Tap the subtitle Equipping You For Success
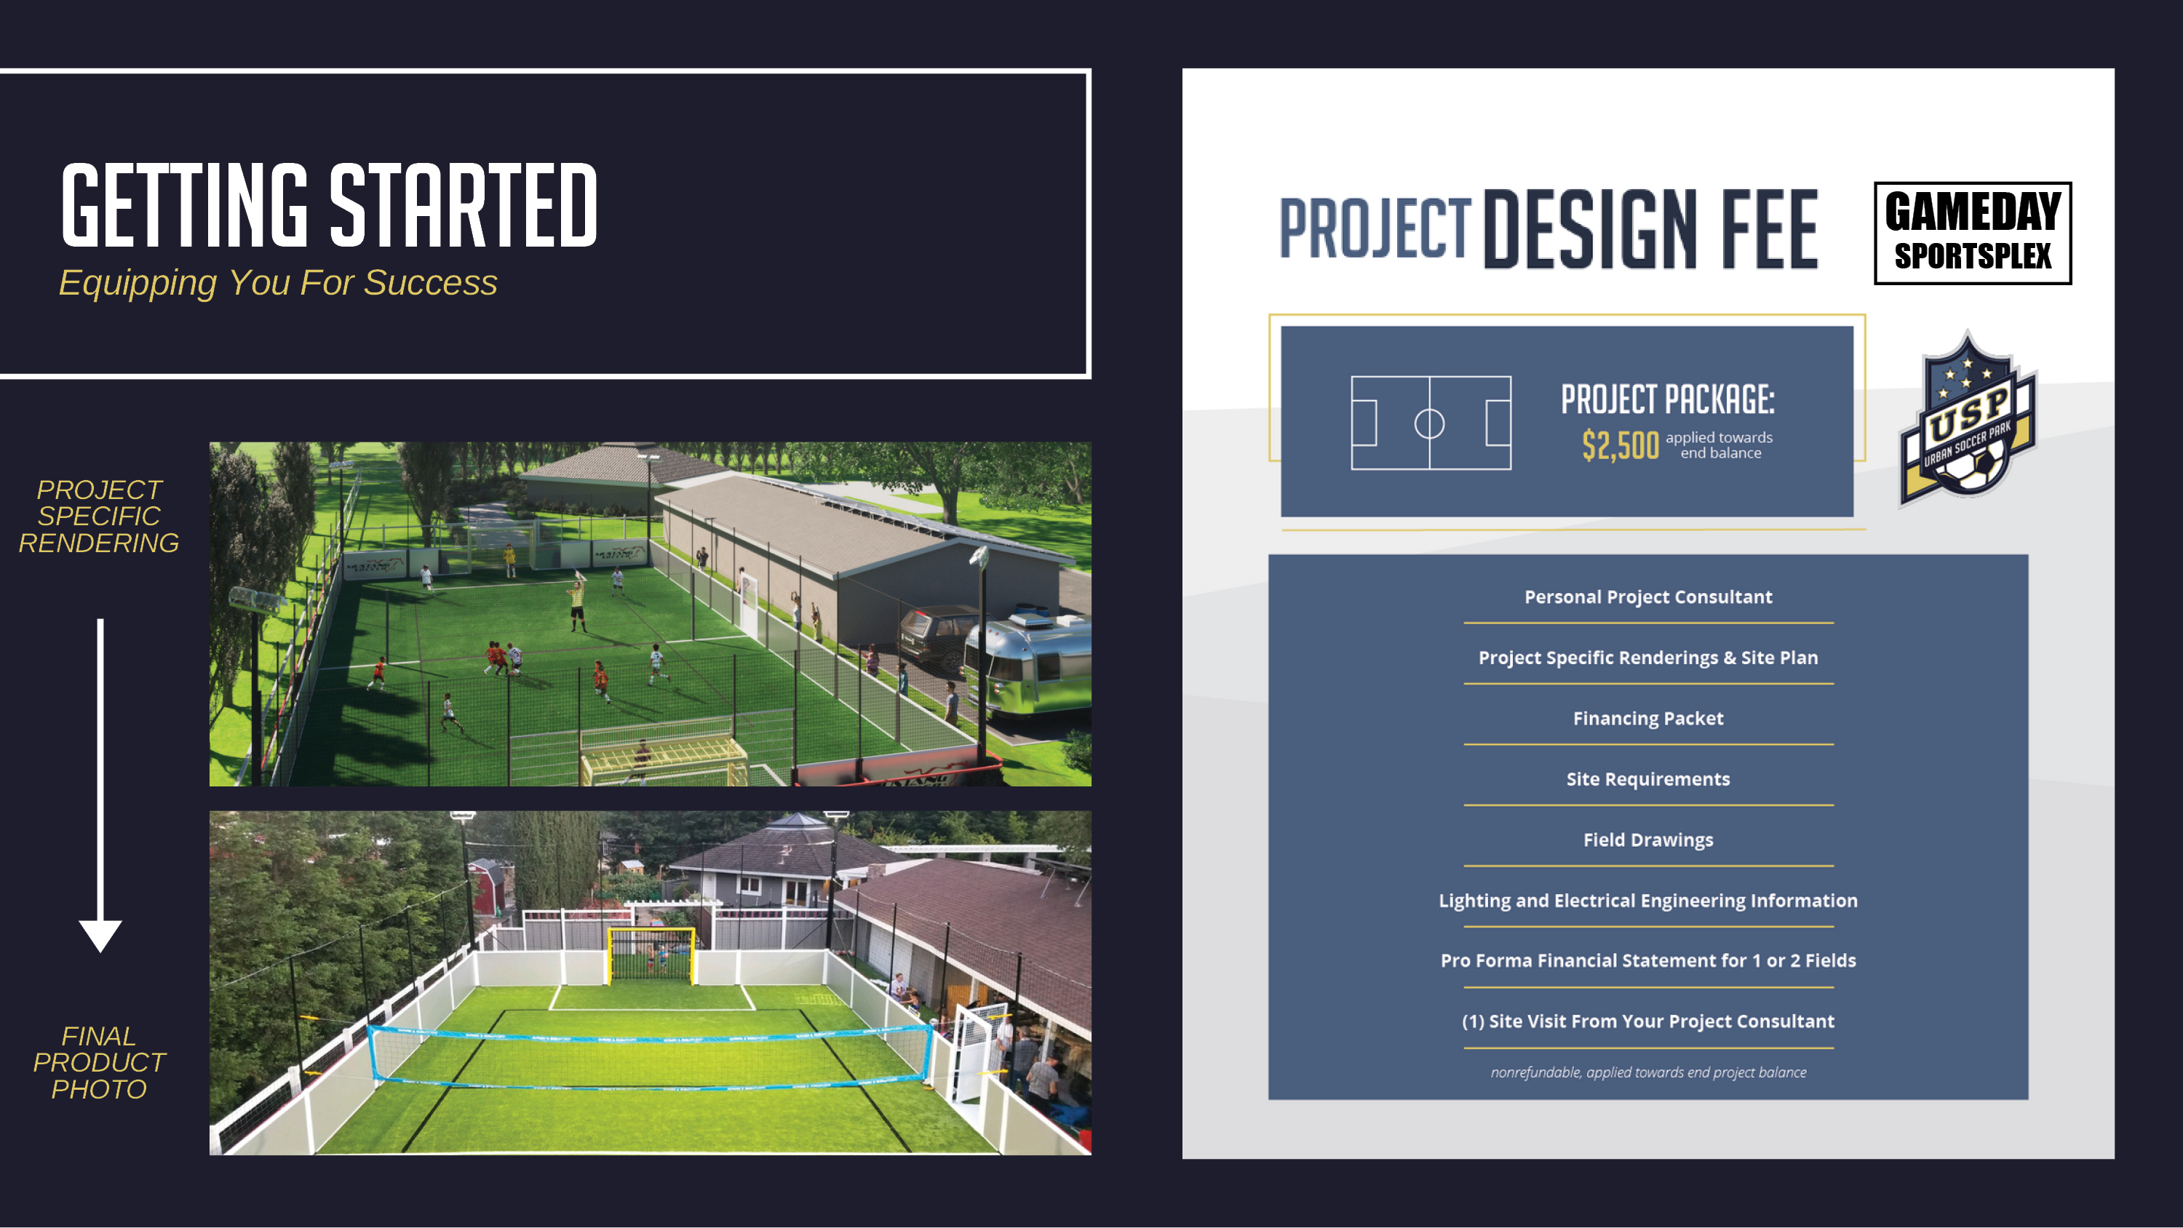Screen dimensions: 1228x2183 [278, 282]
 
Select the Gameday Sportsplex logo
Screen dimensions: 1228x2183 [1972, 233]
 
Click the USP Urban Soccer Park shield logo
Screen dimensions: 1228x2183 [1966, 420]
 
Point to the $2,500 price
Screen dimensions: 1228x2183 [1620, 445]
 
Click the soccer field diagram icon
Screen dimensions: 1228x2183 [1431, 422]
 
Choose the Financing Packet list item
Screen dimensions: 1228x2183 [1647, 719]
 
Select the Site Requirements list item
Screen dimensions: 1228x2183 [1647, 779]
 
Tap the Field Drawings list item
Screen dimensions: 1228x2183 [1647, 840]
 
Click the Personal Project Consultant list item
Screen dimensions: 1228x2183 [1647, 597]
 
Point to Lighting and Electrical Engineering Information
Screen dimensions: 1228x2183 [1647, 900]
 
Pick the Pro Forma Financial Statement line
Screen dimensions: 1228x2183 [1647, 960]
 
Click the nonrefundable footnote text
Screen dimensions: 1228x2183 [1647, 1072]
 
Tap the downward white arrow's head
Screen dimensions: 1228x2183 [100, 934]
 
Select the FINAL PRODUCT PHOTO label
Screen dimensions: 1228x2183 [99, 1062]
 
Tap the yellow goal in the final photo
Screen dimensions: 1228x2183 [651, 954]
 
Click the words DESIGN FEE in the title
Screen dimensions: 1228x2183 [1650, 229]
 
